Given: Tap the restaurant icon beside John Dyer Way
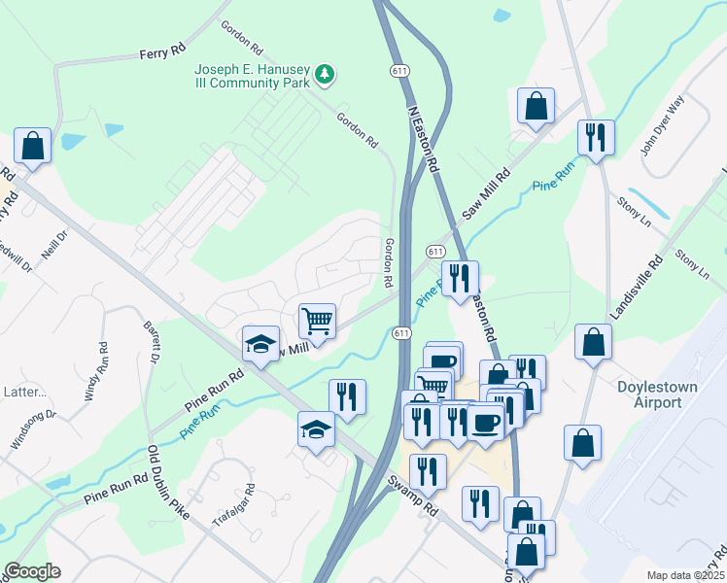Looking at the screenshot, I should point(596,136).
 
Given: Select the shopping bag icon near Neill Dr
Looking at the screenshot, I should point(32,146).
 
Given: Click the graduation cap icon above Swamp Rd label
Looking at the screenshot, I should point(316,428).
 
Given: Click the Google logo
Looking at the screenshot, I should point(32,571).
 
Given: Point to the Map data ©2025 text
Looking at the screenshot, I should point(686,575).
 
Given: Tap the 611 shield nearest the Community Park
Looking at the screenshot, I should point(398,71).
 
